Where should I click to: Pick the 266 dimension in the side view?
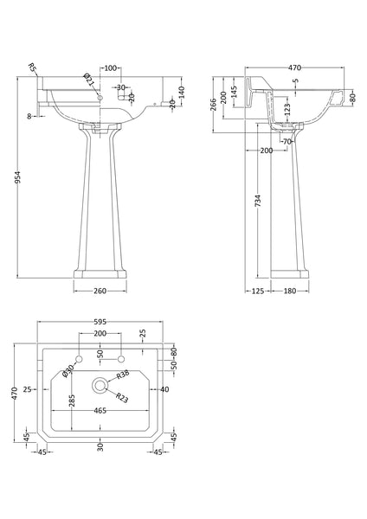(x=216, y=105)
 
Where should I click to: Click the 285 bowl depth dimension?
(x=72, y=400)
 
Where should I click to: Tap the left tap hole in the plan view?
(x=79, y=358)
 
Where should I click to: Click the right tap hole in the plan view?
(x=122, y=358)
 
